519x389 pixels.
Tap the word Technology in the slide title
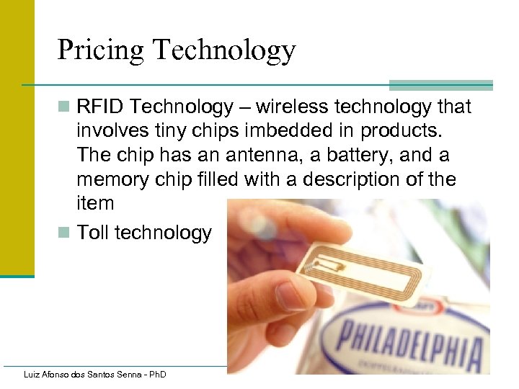pos(224,50)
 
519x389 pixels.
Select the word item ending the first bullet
pos(95,203)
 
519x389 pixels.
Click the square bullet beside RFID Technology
pos(64,108)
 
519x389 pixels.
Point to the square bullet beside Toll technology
pos(64,233)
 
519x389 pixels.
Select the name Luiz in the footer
pos(32,375)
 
